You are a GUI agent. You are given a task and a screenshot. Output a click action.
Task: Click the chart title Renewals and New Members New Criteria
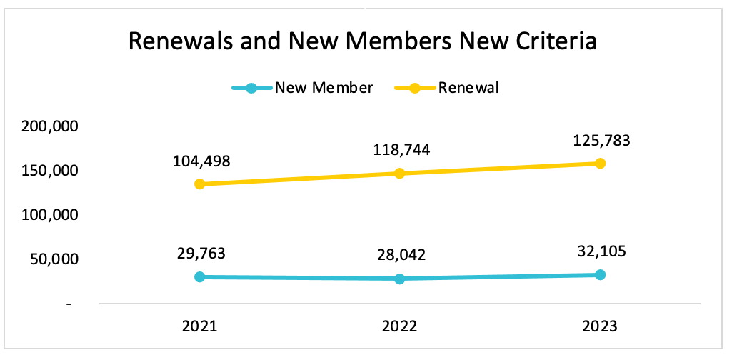point(362,42)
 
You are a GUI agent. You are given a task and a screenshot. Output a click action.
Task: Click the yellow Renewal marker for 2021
point(200,184)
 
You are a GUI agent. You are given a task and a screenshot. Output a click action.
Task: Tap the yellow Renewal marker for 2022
point(400,174)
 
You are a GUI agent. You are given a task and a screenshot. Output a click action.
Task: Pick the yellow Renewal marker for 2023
point(600,164)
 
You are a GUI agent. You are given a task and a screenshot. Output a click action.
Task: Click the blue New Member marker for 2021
point(200,276)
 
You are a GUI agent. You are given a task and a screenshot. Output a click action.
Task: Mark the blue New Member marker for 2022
point(400,279)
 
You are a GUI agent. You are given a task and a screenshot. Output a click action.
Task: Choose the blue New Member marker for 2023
point(600,275)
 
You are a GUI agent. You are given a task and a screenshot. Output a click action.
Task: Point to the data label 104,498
point(201,161)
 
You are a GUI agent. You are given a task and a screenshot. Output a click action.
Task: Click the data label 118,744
point(401,150)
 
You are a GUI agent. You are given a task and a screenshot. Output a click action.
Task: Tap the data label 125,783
point(601,140)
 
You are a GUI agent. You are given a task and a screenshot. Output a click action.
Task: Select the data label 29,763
point(201,254)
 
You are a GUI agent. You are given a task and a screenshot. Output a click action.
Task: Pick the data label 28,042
point(401,256)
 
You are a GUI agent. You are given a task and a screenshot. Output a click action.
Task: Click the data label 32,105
point(601,252)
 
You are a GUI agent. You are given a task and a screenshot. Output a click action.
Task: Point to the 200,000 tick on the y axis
point(50,126)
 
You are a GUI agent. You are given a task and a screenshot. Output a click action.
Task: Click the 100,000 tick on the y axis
point(50,215)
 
